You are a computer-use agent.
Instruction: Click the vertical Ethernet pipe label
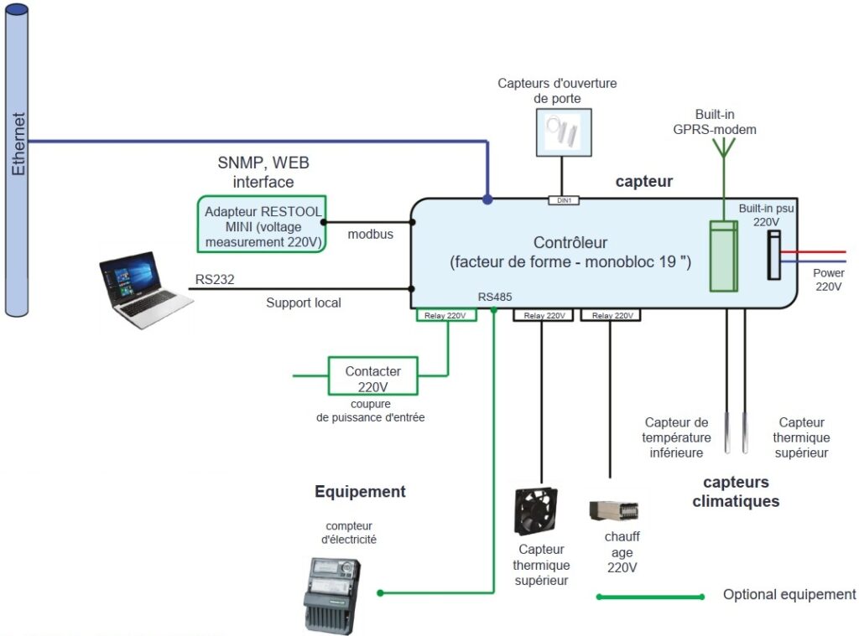point(18,144)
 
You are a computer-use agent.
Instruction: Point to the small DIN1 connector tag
point(564,201)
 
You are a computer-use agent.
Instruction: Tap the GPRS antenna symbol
point(722,148)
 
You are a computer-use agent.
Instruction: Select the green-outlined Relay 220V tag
point(446,316)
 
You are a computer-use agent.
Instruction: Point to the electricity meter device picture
point(332,595)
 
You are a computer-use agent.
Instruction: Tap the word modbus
point(370,234)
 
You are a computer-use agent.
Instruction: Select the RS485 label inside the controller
point(495,297)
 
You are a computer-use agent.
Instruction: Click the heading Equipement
point(360,492)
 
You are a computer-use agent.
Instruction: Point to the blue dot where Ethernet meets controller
point(487,200)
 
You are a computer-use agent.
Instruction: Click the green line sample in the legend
point(650,597)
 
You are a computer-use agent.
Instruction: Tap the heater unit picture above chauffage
point(614,510)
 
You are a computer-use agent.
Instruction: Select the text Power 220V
point(828,280)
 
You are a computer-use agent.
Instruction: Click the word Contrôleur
point(570,243)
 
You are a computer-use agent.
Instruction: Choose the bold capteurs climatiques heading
point(736,492)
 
